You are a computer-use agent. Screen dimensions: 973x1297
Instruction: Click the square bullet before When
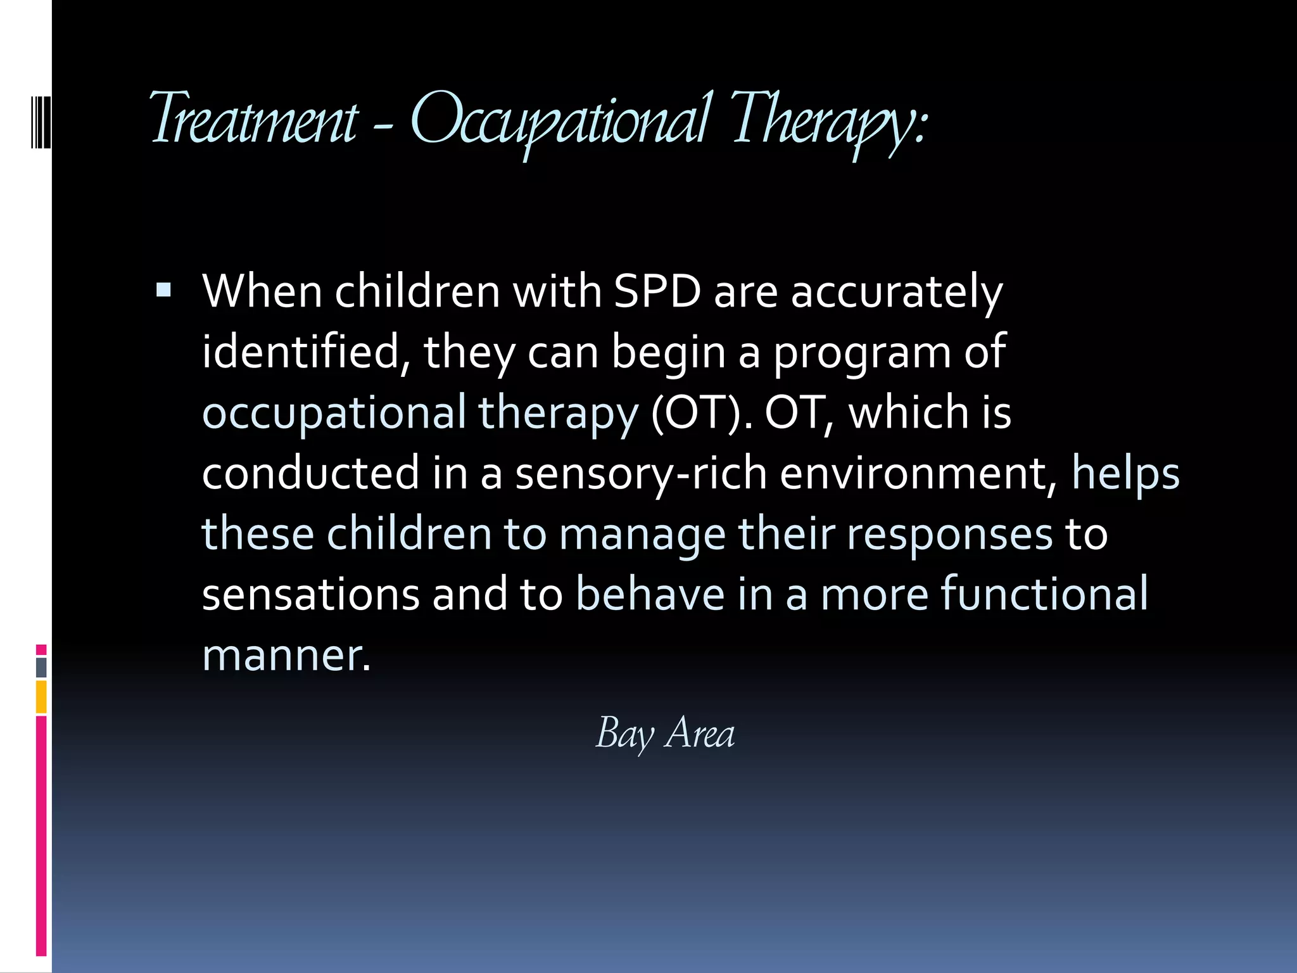[163, 291]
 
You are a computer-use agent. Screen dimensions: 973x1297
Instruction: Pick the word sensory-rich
[641, 474]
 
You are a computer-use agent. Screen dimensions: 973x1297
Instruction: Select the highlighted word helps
[1125, 474]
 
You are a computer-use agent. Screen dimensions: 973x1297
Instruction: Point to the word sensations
[310, 594]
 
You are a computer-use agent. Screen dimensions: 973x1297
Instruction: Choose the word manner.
[286, 655]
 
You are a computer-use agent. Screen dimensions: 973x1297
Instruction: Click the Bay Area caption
[665, 733]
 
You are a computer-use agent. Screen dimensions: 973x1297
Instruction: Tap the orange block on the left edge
[41, 697]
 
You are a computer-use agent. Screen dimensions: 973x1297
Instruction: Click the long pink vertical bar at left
[41, 836]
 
